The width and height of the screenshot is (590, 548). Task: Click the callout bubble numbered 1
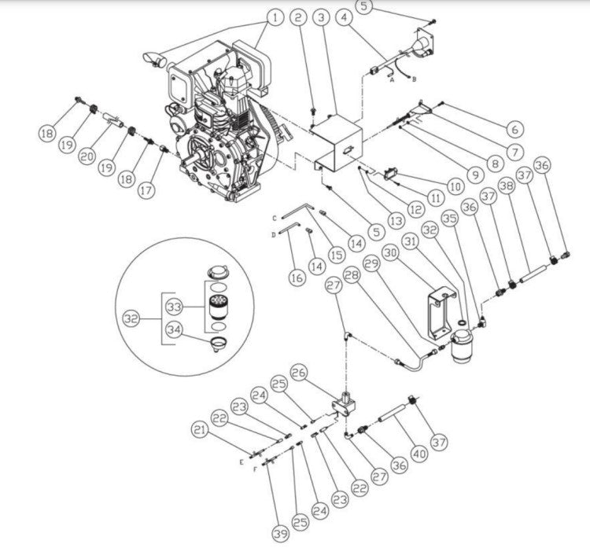point(275,17)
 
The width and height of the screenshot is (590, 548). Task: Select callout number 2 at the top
point(297,17)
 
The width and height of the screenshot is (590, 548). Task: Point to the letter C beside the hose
point(275,217)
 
